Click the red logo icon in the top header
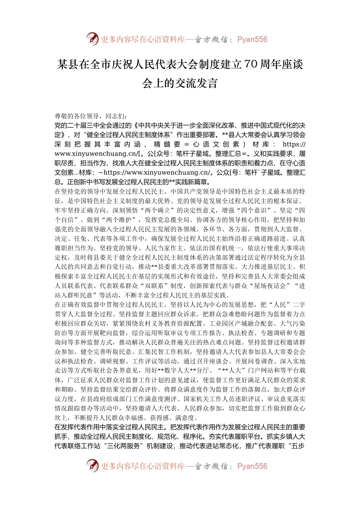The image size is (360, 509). (92, 39)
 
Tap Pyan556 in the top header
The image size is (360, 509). (252, 39)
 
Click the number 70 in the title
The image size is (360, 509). (250, 64)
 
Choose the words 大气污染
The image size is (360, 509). (292, 323)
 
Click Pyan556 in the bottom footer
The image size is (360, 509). (252, 466)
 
